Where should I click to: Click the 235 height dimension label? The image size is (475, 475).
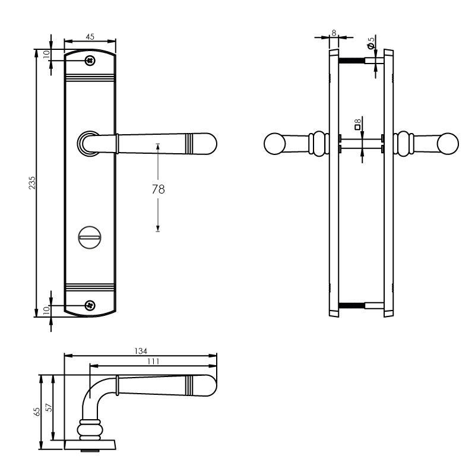pyautogui.click(x=33, y=183)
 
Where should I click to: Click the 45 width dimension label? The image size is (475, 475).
pyautogui.click(x=90, y=37)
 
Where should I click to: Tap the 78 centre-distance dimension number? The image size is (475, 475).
pyautogui.click(x=158, y=189)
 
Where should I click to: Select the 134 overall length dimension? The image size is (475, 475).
pyautogui.click(x=141, y=351)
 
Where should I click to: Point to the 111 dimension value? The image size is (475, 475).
pyautogui.click(x=153, y=360)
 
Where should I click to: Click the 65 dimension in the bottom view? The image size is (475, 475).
pyautogui.click(x=36, y=410)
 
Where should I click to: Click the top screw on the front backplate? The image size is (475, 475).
pyautogui.click(x=90, y=61)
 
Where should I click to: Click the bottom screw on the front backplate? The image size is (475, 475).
pyautogui.click(x=90, y=305)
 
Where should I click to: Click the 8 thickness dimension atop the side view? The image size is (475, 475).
pyautogui.click(x=334, y=33)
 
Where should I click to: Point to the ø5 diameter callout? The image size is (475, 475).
pyautogui.click(x=371, y=43)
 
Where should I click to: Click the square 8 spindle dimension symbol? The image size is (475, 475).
pyautogui.click(x=357, y=124)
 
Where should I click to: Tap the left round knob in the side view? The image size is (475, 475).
pyautogui.click(x=274, y=144)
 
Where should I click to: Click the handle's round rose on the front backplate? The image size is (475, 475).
pyautogui.click(x=87, y=144)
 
